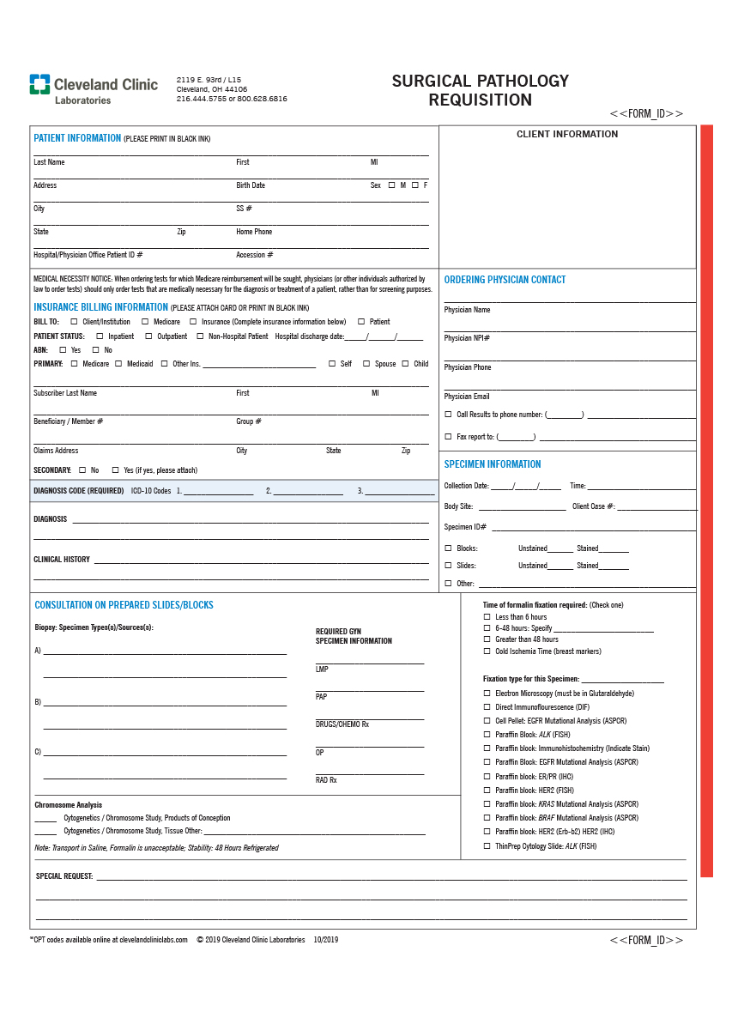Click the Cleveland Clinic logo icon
(x=39, y=84)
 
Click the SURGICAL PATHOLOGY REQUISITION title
(x=481, y=90)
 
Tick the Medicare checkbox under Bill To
(x=145, y=322)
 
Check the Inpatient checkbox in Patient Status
(x=100, y=336)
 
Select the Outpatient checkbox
(x=148, y=336)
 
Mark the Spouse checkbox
(x=366, y=364)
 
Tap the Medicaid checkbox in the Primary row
(x=118, y=364)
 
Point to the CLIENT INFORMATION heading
(x=567, y=134)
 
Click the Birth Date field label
(x=251, y=185)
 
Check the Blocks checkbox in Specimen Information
(x=448, y=548)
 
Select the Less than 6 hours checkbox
(x=487, y=617)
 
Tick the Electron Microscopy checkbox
(x=487, y=694)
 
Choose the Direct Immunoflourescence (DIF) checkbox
(x=487, y=707)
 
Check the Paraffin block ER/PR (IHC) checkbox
(x=487, y=777)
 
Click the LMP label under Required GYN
(x=322, y=669)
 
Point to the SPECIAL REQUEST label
(x=64, y=876)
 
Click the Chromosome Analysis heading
(x=68, y=805)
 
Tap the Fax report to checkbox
(x=448, y=437)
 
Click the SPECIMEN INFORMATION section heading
(x=493, y=464)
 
